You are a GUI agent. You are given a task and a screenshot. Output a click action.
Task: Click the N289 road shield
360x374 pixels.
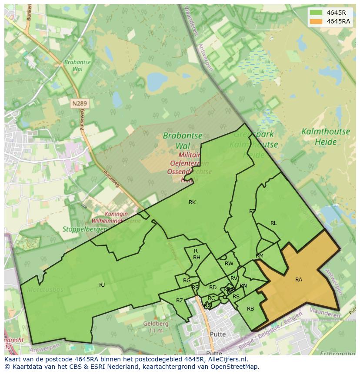(x=79, y=103)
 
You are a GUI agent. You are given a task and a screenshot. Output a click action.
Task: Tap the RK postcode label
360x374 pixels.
(x=192, y=202)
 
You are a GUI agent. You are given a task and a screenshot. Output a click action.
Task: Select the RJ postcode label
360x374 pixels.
(x=102, y=285)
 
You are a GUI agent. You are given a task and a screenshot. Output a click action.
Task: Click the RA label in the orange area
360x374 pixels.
(x=299, y=280)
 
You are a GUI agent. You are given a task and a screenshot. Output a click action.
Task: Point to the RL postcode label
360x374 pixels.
(x=273, y=223)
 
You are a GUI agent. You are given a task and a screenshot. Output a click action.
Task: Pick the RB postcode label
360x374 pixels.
(x=250, y=309)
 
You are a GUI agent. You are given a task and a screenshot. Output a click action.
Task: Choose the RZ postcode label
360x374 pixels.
(x=180, y=301)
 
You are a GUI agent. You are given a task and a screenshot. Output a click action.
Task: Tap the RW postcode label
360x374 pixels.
(x=229, y=264)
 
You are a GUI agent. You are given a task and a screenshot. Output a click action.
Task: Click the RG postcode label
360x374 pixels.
(x=187, y=281)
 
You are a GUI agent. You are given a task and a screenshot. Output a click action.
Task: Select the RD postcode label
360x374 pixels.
(x=213, y=288)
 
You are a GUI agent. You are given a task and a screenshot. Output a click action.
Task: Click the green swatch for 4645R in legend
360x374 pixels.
(x=316, y=13)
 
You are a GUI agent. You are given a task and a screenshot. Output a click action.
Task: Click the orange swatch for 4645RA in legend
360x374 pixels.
(x=316, y=21)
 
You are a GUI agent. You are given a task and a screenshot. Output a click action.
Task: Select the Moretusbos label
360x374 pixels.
(x=45, y=289)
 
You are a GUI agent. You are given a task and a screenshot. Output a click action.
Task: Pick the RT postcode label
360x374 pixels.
(x=252, y=212)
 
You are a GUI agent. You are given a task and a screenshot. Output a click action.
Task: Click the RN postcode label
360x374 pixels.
(x=243, y=286)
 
